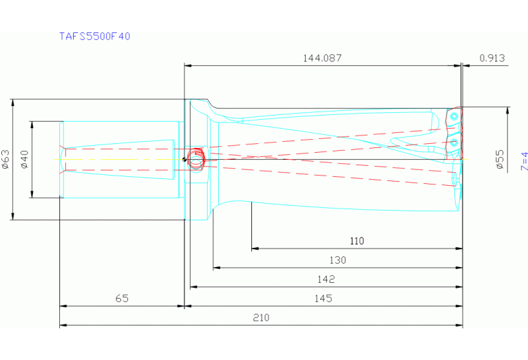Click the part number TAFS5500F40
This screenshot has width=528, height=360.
(94, 36)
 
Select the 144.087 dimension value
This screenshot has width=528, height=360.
(322, 59)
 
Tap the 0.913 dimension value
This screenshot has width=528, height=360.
(492, 59)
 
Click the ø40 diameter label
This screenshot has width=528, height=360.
(24, 160)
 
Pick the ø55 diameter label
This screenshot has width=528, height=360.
(500, 160)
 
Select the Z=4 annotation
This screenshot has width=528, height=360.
(523, 161)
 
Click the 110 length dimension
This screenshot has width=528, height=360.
(357, 242)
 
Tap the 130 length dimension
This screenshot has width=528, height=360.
(337, 260)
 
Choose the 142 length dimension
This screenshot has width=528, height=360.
(326, 279)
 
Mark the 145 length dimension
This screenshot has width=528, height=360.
(323, 299)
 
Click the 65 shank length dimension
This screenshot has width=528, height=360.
(122, 299)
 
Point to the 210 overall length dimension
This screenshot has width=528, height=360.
(261, 318)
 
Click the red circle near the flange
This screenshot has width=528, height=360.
(196, 159)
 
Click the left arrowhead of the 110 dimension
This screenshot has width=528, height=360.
(254, 248)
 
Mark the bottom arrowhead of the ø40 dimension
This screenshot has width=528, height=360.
(31, 195)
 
